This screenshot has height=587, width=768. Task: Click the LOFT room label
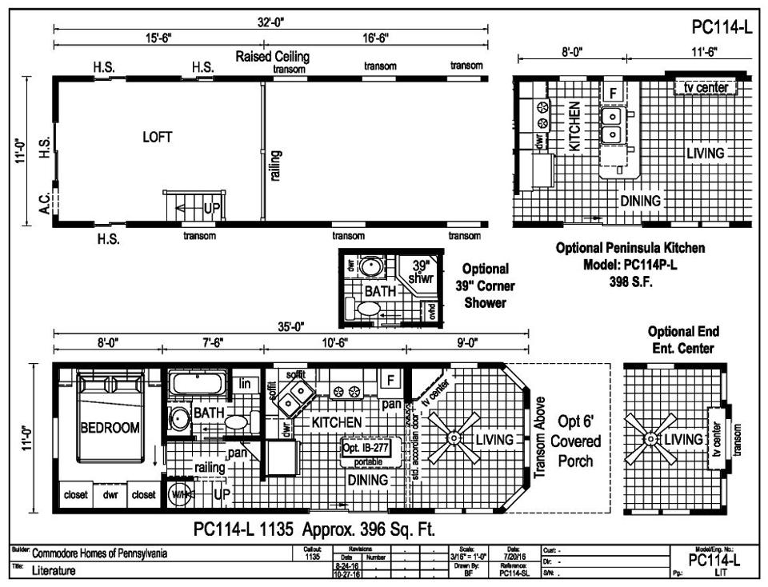(x=157, y=137)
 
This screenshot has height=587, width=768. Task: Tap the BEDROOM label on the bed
(x=110, y=427)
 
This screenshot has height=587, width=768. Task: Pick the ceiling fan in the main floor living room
(x=454, y=438)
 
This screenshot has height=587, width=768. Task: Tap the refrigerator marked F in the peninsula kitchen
(x=614, y=93)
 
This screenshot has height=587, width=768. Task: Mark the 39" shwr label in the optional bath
(x=420, y=271)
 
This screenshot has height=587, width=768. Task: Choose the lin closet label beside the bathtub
(x=245, y=384)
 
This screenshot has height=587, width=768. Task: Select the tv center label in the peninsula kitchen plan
(x=705, y=86)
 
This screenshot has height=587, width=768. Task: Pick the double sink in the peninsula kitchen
(x=612, y=124)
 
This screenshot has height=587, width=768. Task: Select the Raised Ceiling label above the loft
(x=272, y=57)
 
